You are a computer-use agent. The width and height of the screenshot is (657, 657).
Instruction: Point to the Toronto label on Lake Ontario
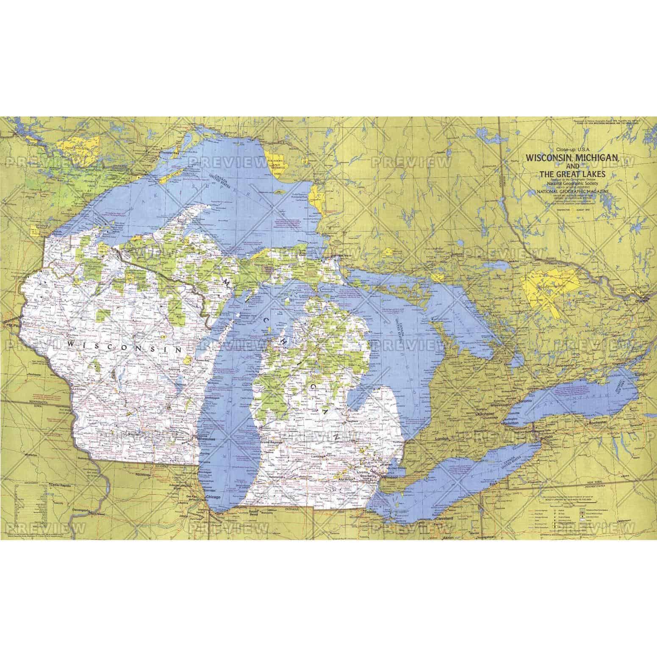point(527,400)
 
